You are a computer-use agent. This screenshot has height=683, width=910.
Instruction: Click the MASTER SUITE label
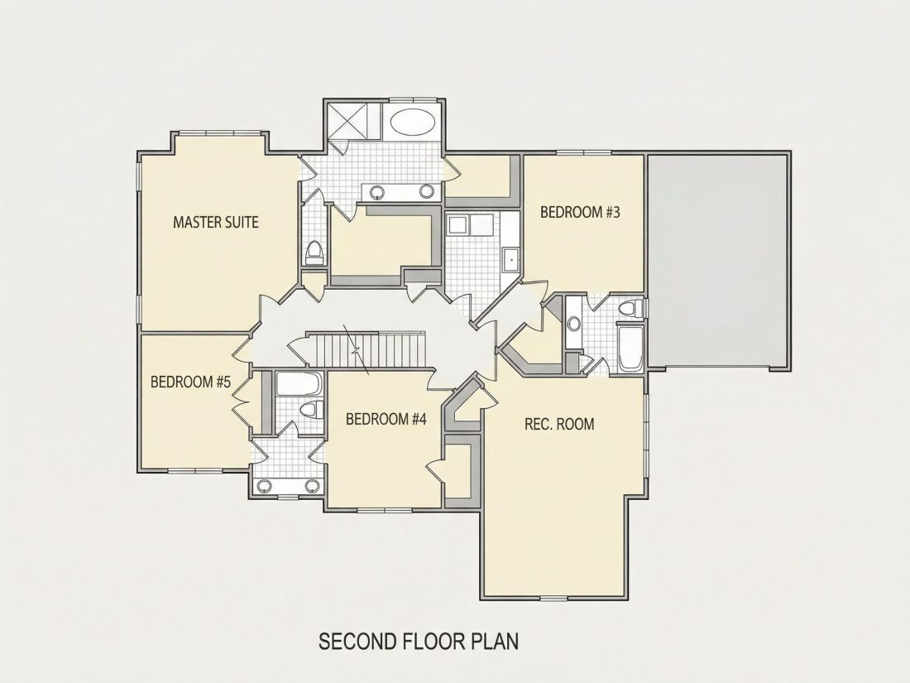click(x=216, y=222)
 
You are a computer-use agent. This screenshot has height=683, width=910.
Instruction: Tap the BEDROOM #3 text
click(x=580, y=212)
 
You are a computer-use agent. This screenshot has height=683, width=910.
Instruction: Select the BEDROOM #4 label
click(x=386, y=419)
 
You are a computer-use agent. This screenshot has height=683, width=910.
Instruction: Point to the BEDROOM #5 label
click(x=190, y=382)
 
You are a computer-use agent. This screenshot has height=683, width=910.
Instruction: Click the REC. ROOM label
click(x=559, y=424)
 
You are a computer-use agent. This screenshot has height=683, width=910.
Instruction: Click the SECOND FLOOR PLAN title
click(x=419, y=642)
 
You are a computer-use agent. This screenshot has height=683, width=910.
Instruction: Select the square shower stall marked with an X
click(x=353, y=121)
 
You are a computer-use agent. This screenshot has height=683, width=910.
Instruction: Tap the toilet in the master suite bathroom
click(x=314, y=253)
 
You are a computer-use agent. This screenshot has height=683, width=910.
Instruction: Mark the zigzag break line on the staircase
click(x=357, y=350)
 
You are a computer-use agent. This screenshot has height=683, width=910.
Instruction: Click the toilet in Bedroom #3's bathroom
click(x=630, y=308)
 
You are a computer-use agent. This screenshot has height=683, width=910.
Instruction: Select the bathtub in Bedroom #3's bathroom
click(x=630, y=348)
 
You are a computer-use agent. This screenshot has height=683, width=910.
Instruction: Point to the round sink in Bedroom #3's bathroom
click(x=574, y=324)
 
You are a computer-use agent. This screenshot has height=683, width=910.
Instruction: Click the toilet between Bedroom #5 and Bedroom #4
click(x=312, y=409)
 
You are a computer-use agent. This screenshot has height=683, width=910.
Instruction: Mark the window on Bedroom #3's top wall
click(x=583, y=153)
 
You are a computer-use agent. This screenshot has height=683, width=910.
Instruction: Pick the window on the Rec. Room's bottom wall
click(x=553, y=599)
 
